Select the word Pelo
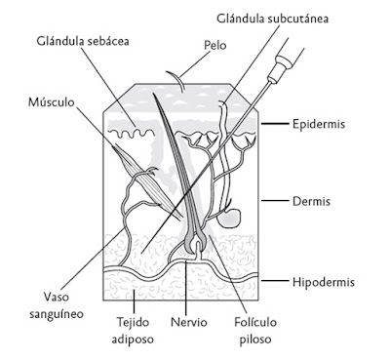(216, 45)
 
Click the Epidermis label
(322, 125)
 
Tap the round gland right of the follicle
(230, 217)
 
